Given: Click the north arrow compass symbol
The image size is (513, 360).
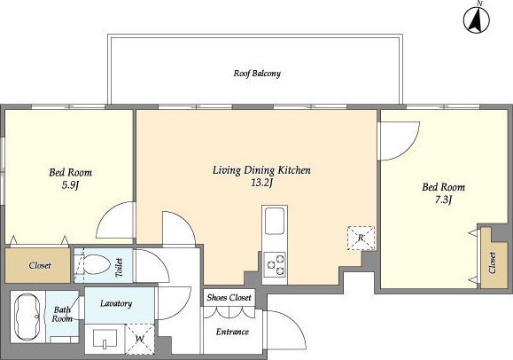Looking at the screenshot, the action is click(x=477, y=19).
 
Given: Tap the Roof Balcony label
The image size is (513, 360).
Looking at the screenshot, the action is click(x=257, y=74).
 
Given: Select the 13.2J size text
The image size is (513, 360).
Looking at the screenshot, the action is click(x=261, y=183).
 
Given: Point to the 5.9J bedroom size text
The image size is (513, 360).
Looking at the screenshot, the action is click(x=71, y=185).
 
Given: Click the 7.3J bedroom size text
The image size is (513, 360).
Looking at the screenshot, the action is click(x=443, y=200).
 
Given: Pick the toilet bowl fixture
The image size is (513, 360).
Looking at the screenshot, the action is click(x=94, y=264).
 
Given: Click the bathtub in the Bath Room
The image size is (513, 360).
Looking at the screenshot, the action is click(x=27, y=317).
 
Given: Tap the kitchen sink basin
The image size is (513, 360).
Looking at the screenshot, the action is click(x=274, y=221).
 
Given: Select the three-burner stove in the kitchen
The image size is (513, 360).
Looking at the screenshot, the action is click(x=275, y=264).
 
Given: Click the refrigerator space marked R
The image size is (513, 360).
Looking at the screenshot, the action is click(x=361, y=239).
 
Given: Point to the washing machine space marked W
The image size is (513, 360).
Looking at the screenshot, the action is click(x=140, y=339).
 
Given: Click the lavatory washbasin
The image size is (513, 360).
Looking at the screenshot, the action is click(x=105, y=338).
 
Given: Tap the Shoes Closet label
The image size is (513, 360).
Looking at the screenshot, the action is click(x=229, y=297).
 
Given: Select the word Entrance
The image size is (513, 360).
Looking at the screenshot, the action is click(x=232, y=332).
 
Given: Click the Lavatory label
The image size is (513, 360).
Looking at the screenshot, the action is click(x=116, y=303).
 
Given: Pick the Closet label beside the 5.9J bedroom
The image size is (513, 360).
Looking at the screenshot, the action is click(x=40, y=265).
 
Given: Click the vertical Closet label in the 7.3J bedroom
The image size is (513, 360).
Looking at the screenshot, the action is click(x=492, y=262).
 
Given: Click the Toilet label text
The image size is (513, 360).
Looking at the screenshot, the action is click(x=119, y=267).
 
